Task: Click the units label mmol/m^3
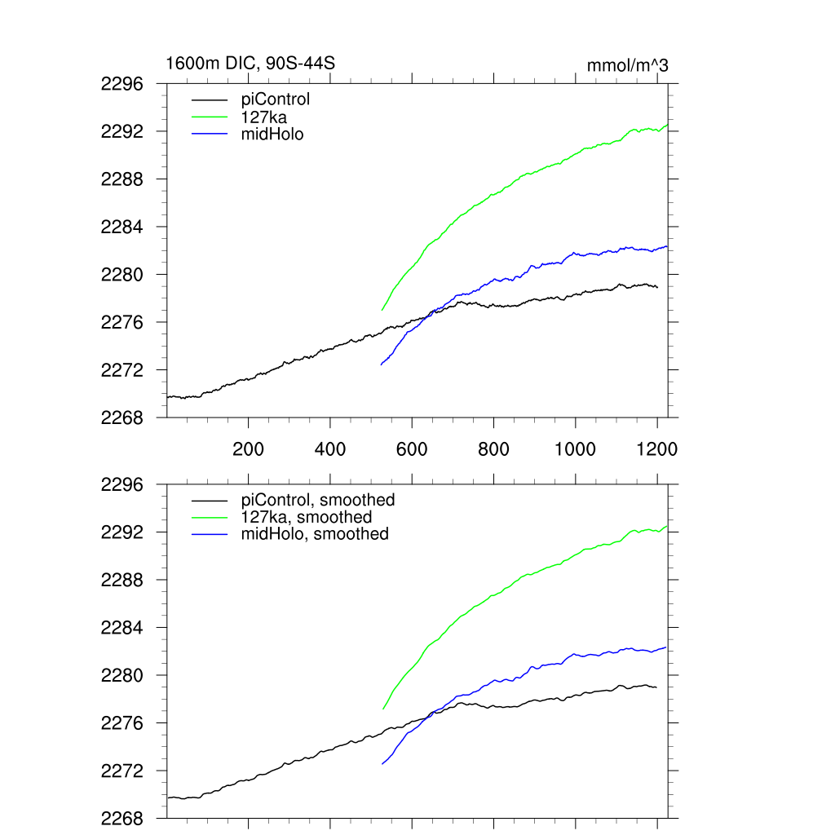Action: pos(627,65)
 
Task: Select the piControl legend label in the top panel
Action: pos(276,99)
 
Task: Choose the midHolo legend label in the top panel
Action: pos(272,135)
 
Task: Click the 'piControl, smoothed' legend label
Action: pos(318,500)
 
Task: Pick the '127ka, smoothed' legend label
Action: pos(307,518)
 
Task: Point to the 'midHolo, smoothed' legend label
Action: pos(315,535)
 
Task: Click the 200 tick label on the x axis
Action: pos(248,448)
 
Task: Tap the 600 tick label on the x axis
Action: pos(412,448)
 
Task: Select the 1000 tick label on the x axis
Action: pos(576,448)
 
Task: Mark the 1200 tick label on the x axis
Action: pos(657,448)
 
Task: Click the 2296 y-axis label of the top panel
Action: pos(122,84)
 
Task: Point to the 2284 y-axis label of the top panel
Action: pos(122,227)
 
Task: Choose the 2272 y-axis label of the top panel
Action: pos(122,370)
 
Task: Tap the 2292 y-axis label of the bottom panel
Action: pos(122,532)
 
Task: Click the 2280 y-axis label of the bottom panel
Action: pos(122,676)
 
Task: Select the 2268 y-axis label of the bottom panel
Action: pos(122,819)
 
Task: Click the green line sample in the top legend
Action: pos(210,117)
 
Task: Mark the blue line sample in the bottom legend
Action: pos(210,535)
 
